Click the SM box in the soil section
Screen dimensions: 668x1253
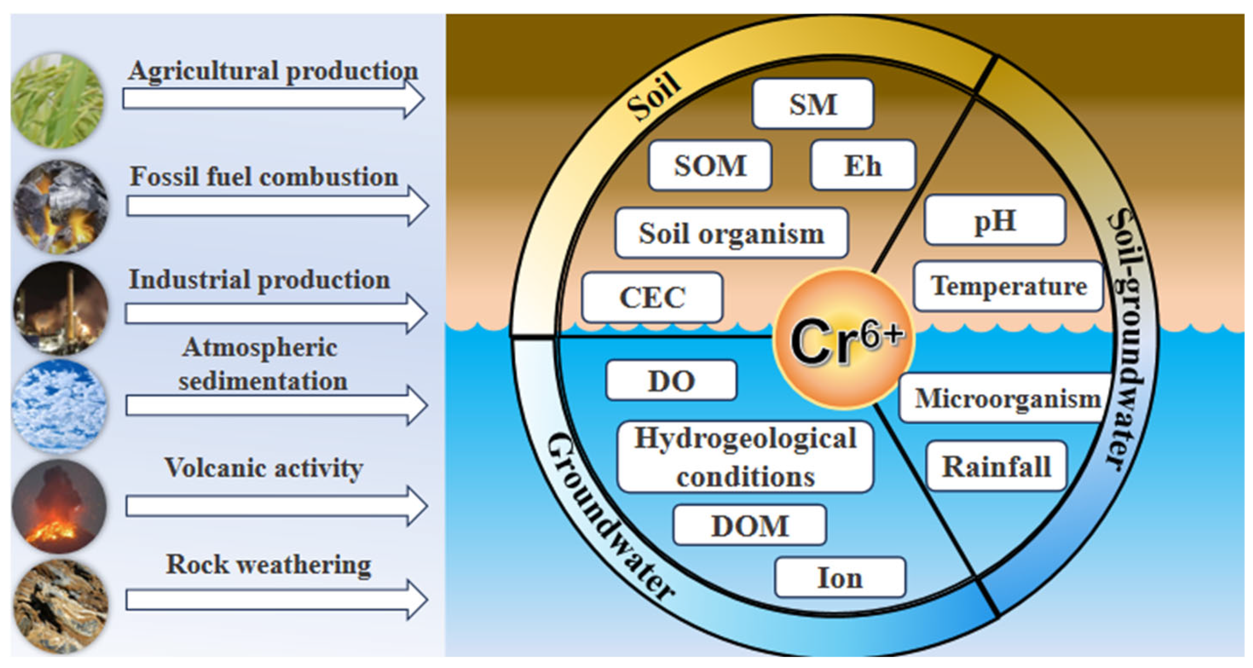812,104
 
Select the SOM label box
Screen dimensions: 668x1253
710,165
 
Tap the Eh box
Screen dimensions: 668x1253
863,165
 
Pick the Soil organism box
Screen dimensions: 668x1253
731,233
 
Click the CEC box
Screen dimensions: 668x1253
652,297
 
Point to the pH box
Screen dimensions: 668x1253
995,220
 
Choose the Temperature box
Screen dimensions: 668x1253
1008,286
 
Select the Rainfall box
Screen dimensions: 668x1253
996,466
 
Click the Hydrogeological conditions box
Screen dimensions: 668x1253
745,457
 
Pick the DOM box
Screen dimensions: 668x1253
750,525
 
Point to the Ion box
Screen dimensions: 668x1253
839,577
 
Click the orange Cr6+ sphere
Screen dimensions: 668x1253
844,339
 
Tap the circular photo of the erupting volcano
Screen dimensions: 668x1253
59,505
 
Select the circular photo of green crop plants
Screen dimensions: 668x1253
58,101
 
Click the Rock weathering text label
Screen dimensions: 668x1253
269,565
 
